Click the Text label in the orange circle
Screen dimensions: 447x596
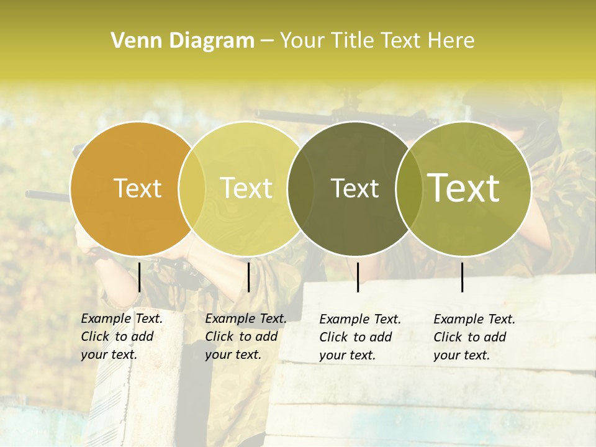click(138, 188)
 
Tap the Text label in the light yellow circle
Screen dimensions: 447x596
click(246, 188)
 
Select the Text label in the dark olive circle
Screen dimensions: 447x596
click(354, 188)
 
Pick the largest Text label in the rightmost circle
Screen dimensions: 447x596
click(464, 188)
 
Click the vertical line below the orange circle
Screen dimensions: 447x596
click(140, 277)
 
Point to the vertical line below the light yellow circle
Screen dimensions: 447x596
click(248, 277)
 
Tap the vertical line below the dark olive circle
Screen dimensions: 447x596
click(358, 277)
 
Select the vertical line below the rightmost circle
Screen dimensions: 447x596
click(462, 277)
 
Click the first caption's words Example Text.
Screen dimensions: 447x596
click(122, 318)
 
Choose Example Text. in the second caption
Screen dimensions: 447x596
click(246, 318)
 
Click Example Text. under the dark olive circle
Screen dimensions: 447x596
click(360, 319)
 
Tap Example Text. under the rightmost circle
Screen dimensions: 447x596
click(474, 319)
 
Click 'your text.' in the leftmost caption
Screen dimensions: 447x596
click(109, 354)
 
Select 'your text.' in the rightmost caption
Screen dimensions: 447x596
click(461, 355)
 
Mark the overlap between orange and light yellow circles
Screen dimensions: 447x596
click(192, 188)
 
